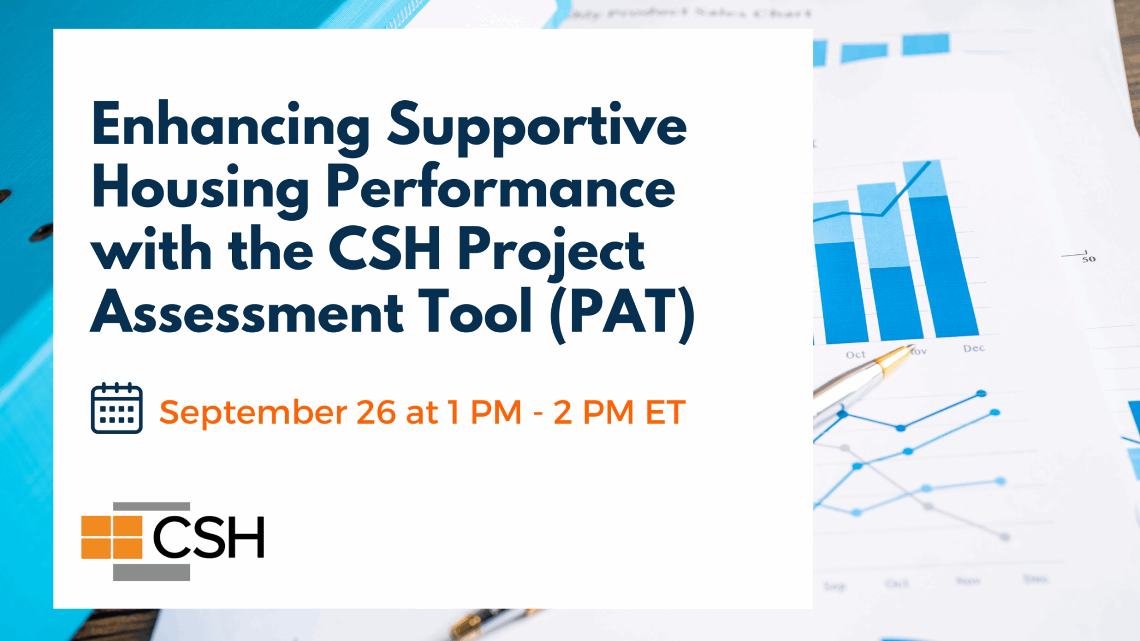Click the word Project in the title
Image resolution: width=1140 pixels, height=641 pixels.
[x=551, y=250]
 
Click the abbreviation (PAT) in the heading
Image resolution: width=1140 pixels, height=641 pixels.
[x=622, y=313]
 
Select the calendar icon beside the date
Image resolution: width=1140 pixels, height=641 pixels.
[x=116, y=408]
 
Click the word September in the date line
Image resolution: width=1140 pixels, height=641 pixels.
[x=253, y=413]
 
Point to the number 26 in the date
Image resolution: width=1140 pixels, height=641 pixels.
[x=376, y=412]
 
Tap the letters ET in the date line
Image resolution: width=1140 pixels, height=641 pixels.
[x=665, y=412]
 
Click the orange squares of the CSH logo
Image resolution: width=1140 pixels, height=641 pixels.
[x=112, y=537]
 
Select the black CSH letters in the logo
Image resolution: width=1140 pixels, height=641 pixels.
[x=208, y=537]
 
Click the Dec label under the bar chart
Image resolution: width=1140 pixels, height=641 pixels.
[x=974, y=348]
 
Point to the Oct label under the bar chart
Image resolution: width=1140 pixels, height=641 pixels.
[x=856, y=354]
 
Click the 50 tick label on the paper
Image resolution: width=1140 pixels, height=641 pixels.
[x=1089, y=259]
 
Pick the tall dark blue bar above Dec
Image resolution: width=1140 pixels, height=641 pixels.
[x=943, y=267]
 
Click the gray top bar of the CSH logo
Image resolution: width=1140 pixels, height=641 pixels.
[x=151, y=506]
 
